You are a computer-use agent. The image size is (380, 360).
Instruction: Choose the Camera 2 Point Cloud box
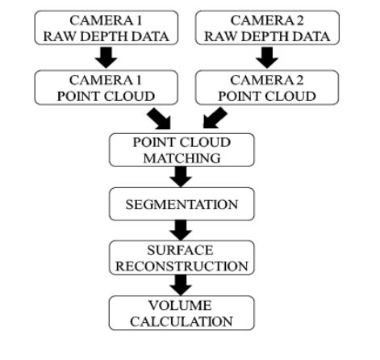pyautogui.click(x=267, y=87)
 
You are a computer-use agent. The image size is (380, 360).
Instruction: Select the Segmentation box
pyautogui.click(x=182, y=203)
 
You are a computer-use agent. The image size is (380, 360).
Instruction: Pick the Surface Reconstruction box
pyautogui.click(x=182, y=257)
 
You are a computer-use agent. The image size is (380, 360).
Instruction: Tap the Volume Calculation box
pyautogui.click(x=182, y=313)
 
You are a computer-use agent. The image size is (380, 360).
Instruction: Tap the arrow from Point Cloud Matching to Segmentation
pyautogui.click(x=182, y=175)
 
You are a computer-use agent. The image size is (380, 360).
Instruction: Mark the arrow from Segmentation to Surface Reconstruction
pyautogui.click(x=182, y=230)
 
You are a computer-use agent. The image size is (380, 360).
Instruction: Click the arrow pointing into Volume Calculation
pyautogui.click(x=182, y=285)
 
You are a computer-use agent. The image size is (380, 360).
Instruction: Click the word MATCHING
pyautogui.click(x=182, y=156)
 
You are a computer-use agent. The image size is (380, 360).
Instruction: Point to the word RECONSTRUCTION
pyautogui.click(x=182, y=266)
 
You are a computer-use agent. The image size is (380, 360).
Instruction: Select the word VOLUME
pyautogui.click(x=182, y=305)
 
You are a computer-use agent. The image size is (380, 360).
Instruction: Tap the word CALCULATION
pyautogui.click(x=182, y=321)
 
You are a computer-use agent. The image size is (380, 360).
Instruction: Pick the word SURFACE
pyautogui.click(x=182, y=249)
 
